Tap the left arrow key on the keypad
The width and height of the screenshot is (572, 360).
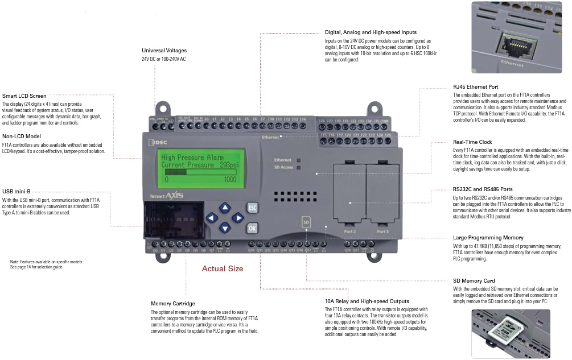tap(211, 218)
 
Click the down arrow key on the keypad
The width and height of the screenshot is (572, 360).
tap(224, 228)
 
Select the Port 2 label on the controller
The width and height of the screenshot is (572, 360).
tap(350, 231)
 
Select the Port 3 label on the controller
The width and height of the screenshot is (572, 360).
tap(383, 231)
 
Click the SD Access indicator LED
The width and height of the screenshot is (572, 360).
tap(298, 168)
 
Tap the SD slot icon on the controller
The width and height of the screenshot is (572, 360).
tap(306, 221)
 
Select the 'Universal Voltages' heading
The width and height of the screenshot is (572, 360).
tap(164, 51)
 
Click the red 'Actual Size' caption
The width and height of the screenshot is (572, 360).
tap(223, 268)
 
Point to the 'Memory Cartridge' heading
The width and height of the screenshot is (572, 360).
tap(172, 304)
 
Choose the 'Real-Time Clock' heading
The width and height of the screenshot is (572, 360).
tap(472, 142)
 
